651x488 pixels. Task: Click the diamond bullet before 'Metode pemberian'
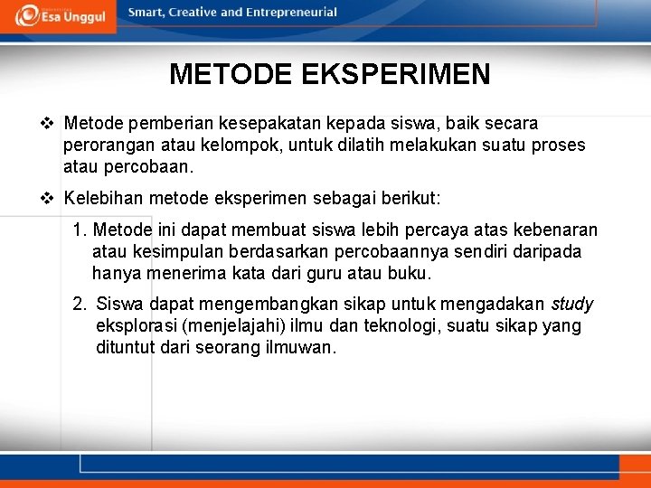pyautogui.click(x=51, y=122)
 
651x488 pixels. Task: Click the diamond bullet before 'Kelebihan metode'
pyautogui.click(x=51, y=198)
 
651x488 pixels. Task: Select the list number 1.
pyautogui.click(x=80, y=230)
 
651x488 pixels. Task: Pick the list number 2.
pyautogui.click(x=80, y=305)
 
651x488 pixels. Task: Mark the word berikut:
pyautogui.click(x=410, y=198)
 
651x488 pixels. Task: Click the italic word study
pyautogui.click(x=572, y=305)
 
